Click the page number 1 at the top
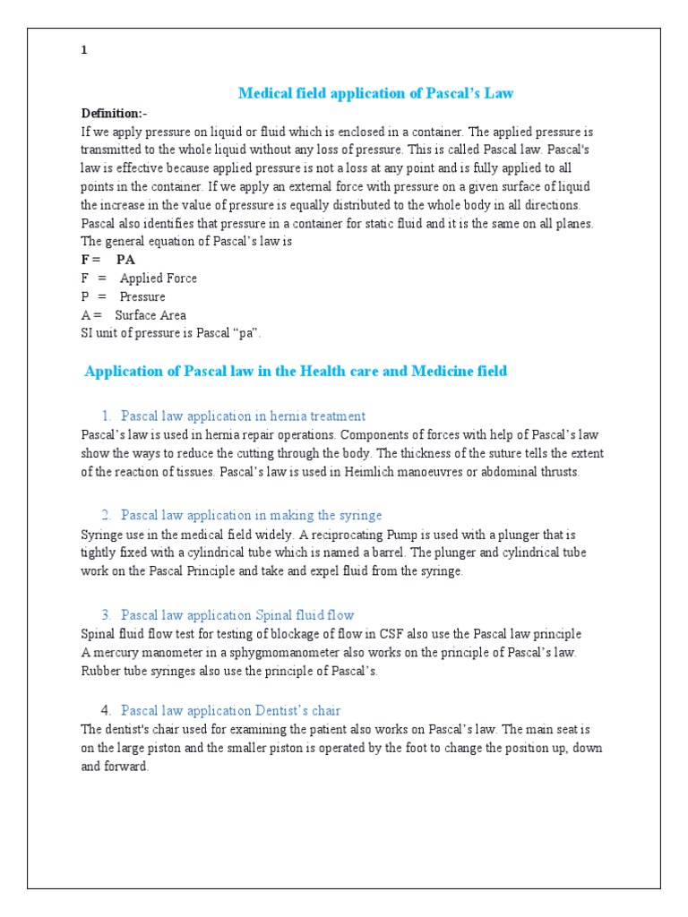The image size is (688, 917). click(x=84, y=51)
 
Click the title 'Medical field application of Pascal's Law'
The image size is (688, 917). click(x=375, y=93)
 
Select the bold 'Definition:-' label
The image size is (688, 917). click(x=114, y=113)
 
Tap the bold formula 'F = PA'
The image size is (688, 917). click(x=107, y=260)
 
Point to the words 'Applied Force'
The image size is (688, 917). click(x=159, y=279)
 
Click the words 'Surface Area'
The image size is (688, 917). click(x=150, y=315)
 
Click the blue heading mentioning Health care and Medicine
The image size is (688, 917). click(x=295, y=371)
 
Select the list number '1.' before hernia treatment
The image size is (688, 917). click(x=106, y=416)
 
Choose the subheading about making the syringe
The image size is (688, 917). click(x=251, y=515)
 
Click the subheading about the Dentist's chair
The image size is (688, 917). click(x=230, y=710)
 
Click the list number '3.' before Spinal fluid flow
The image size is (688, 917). click(x=106, y=614)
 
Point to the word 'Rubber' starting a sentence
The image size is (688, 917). click(x=100, y=672)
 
